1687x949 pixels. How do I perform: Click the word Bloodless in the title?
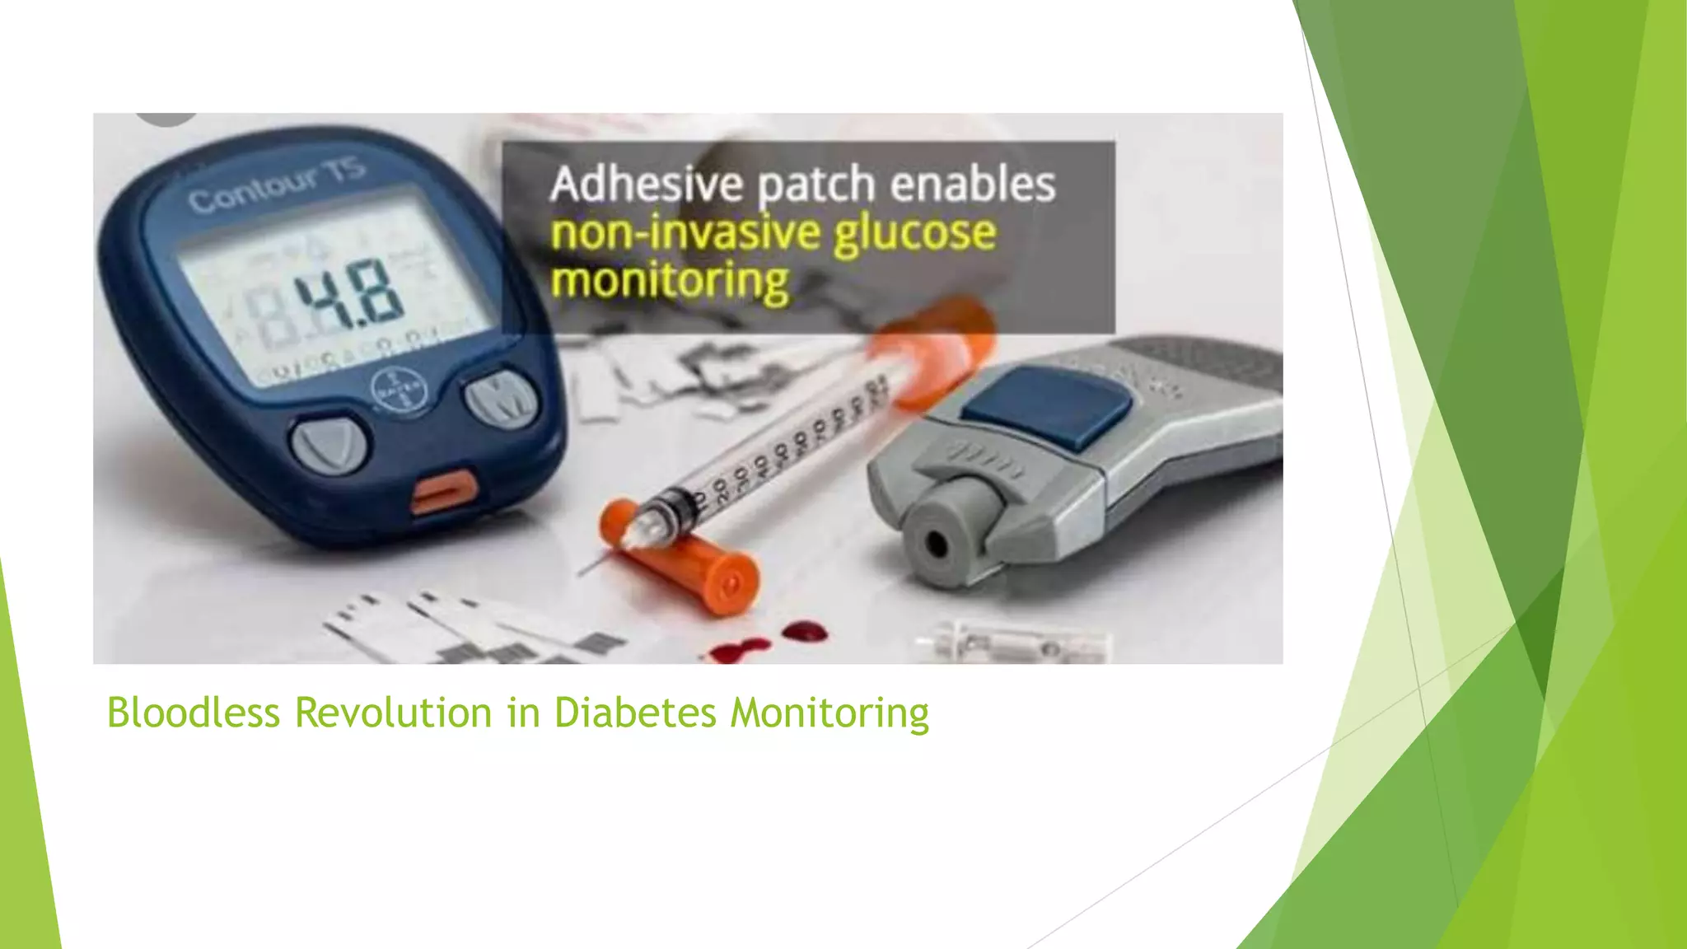click(x=194, y=713)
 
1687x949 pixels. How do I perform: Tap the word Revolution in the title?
click(x=394, y=713)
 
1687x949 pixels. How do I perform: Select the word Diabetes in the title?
click(x=634, y=713)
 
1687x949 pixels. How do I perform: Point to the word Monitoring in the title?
click(x=829, y=714)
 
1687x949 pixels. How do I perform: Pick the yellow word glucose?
click(x=914, y=233)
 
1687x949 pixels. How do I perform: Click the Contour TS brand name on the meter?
click(x=276, y=188)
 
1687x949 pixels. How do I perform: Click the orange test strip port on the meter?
click(x=444, y=491)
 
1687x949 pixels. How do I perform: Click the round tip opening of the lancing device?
click(x=936, y=544)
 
